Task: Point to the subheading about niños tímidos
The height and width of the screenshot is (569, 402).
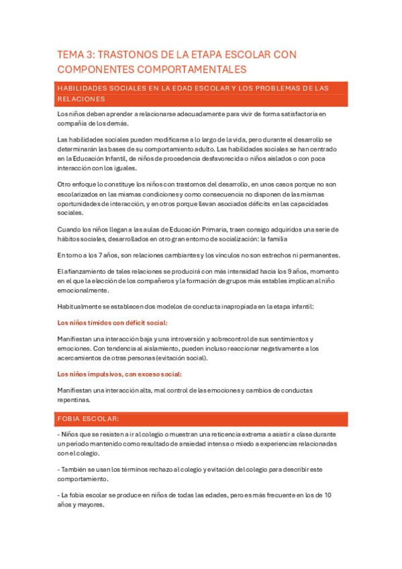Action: pyautogui.click(x=112, y=323)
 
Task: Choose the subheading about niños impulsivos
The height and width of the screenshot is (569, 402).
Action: pyautogui.click(x=119, y=374)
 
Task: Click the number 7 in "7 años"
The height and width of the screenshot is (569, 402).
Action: pyautogui.click(x=99, y=255)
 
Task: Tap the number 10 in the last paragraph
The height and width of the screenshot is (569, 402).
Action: pyautogui.click(x=327, y=495)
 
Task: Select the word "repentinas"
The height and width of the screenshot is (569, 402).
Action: pyautogui.click(x=74, y=399)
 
